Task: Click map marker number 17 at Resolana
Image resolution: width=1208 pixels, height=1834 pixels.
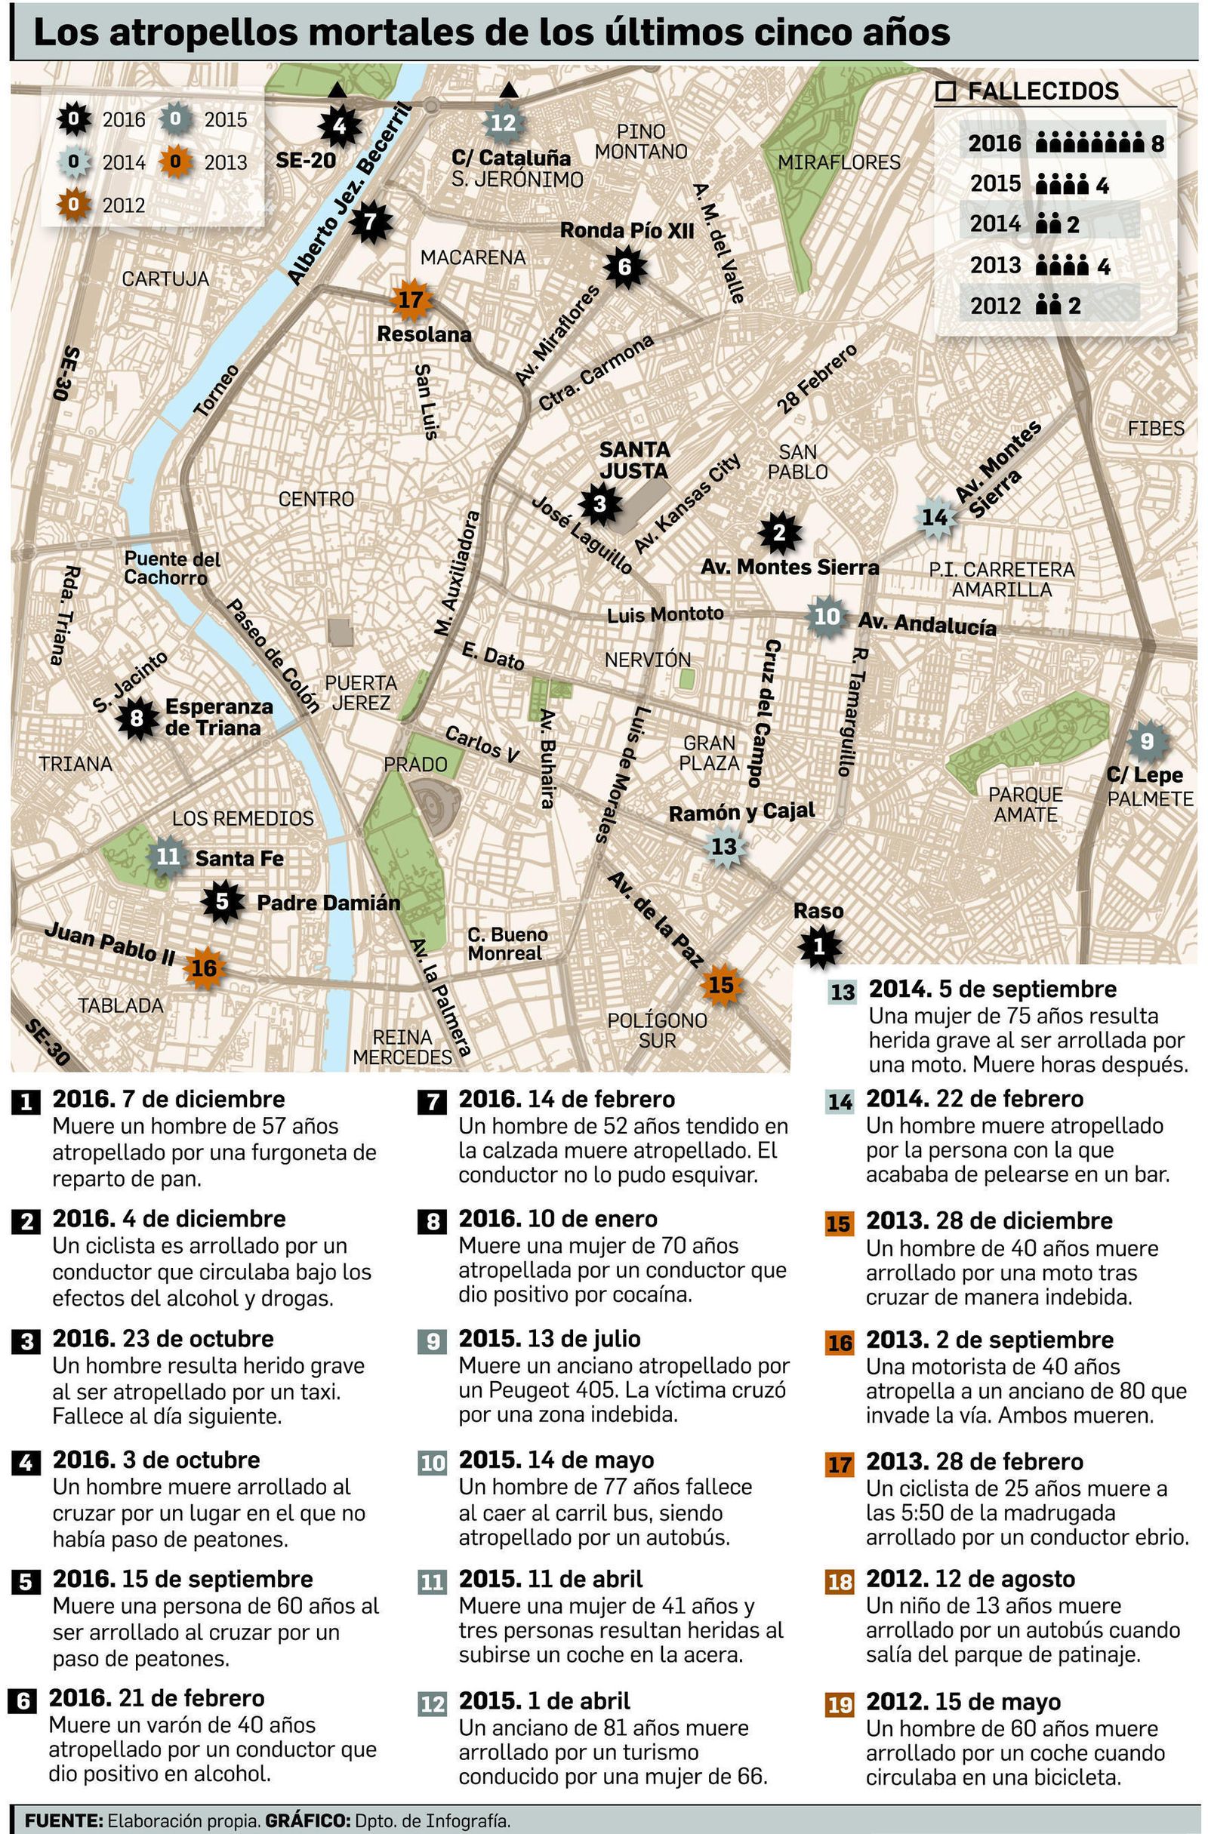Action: [411, 299]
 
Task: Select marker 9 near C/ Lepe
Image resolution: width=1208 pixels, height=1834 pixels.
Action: [1146, 740]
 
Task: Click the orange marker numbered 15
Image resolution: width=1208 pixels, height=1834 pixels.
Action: [721, 984]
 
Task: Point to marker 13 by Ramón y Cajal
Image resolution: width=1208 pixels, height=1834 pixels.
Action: [724, 846]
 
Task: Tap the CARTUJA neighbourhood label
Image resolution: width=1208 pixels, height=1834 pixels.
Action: [165, 278]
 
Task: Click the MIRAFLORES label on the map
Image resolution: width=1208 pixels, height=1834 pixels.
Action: [839, 162]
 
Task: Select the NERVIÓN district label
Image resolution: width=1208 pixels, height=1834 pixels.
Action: [648, 660]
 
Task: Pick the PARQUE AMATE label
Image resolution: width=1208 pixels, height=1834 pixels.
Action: [1025, 804]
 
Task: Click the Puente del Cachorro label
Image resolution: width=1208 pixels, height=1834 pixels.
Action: [172, 568]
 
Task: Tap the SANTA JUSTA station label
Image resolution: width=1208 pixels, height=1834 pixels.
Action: [633, 460]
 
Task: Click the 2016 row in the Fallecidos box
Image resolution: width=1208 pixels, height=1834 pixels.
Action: [1064, 143]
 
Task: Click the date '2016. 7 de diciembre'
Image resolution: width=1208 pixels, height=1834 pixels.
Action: [169, 1099]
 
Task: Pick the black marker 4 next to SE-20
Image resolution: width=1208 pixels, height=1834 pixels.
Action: [338, 125]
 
